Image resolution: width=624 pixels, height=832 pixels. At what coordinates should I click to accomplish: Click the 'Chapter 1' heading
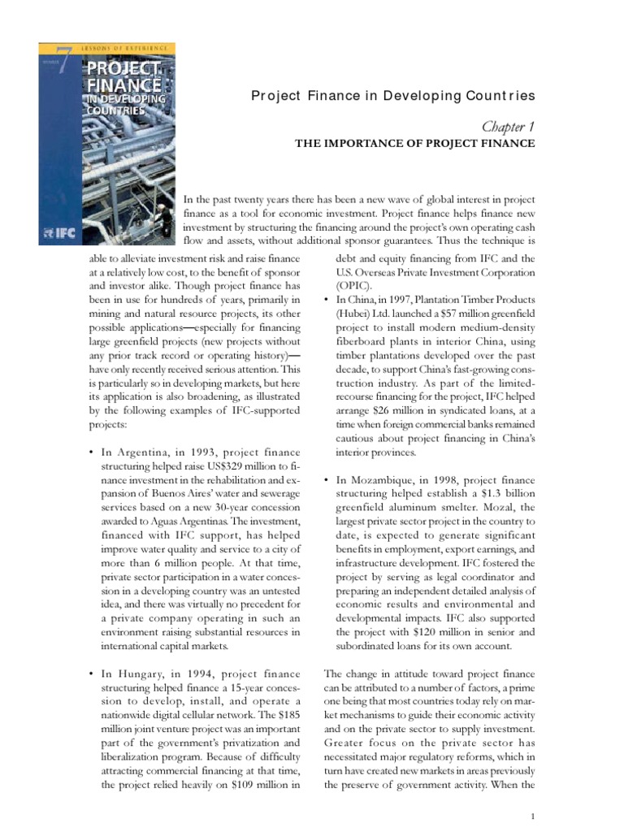coord(508,125)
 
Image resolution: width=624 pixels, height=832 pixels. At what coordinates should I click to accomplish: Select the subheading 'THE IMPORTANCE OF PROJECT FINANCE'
coord(414,144)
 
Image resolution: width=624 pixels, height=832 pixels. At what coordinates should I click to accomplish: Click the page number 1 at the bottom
coord(531,816)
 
